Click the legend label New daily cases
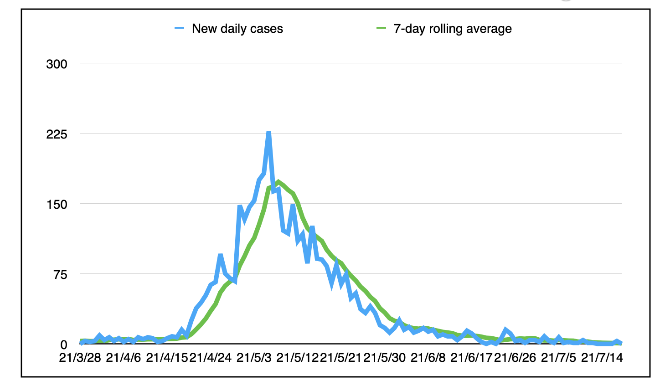pos(237,29)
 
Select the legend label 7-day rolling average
pos(452,29)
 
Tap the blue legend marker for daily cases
pos(180,29)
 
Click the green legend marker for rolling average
pos(381,29)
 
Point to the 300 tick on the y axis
pos(57,64)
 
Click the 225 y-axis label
pos(57,134)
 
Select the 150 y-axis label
pos(57,204)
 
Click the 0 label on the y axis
pos(63,345)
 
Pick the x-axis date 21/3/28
pos(80,357)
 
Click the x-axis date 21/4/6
pos(123,357)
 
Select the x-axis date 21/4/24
pos(210,357)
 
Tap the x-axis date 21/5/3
pos(254,357)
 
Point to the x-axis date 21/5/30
pos(384,357)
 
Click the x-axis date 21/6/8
pos(428,357)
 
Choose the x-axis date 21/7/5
pos(558,357)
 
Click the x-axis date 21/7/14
pos(602,357)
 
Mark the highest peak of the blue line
pos(269,133)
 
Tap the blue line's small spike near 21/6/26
pos(506,329)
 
